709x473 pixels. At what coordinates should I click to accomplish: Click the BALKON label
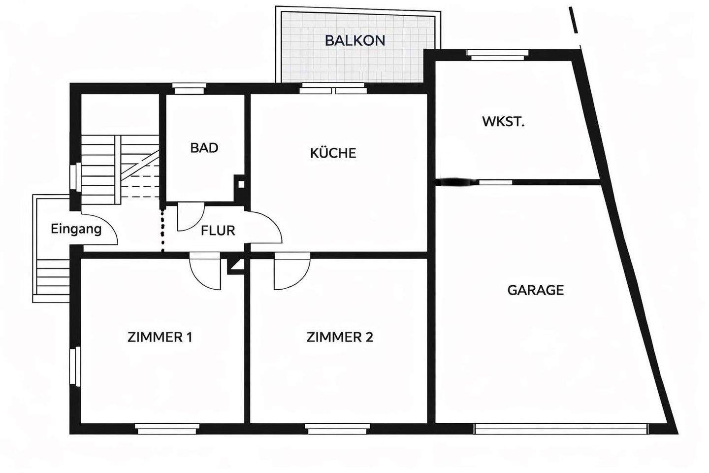[354, 40]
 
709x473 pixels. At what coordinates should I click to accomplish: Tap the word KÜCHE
[333, 153]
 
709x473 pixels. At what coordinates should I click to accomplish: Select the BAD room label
[204, 148]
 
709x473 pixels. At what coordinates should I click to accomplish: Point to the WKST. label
[503, 122]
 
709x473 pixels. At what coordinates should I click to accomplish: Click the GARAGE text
[535, 290]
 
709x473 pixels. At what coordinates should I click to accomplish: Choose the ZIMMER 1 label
[160, 337]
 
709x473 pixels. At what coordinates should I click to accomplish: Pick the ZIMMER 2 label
[340, 337]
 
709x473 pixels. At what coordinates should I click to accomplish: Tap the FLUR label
[218, 230]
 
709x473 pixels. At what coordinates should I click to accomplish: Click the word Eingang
[76, 229]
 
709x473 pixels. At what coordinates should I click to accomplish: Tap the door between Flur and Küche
[266, 228]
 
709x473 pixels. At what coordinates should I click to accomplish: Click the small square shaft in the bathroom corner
[241, 185]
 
